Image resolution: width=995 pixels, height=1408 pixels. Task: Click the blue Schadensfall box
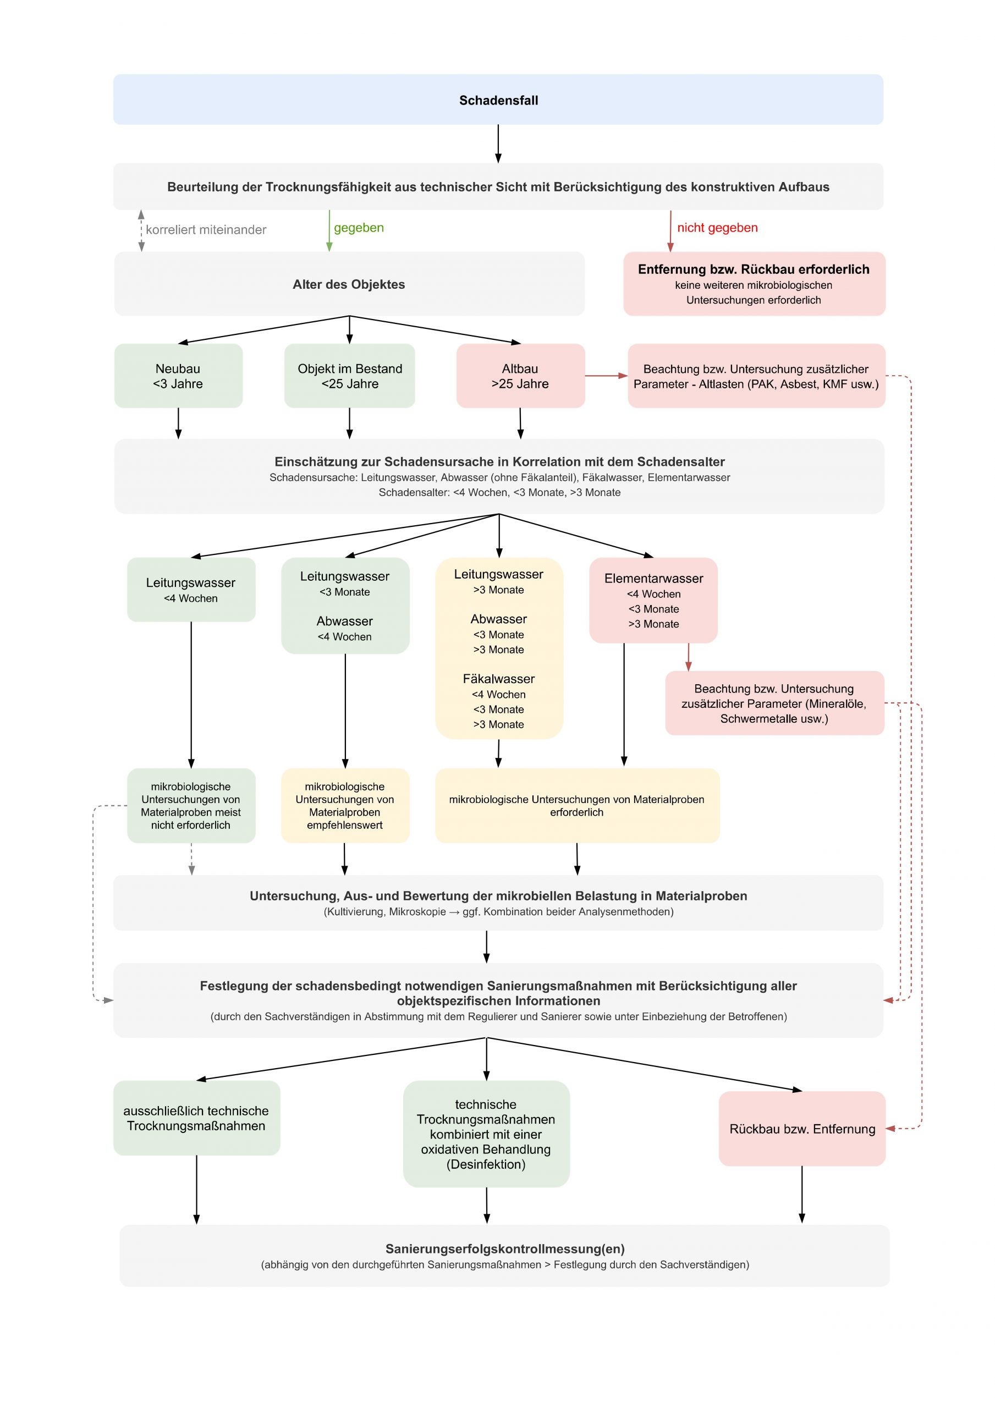pyautogui.click(x=498, y=100)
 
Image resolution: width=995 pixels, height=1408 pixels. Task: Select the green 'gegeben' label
pyautogui.click(x=359, y=228)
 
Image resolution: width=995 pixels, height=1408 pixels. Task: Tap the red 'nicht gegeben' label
pyautogui.click(x=717, y=228)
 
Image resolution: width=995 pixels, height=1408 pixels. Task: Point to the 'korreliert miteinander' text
pyautogui.click(x=206, y=230)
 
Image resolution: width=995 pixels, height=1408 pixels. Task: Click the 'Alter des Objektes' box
pyautogui.click(x=349, y=284)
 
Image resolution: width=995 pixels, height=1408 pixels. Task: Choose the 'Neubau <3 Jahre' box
pyautogui.click(x=179, y=376)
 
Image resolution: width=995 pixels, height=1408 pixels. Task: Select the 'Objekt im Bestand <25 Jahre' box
pyautogui.click(x=350, y=376)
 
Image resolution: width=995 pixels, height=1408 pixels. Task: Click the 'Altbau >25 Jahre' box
pyautogui.click(x=520, y=376)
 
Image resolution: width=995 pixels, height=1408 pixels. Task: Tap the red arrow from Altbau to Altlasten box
pyautogui.click(x=606, y=375)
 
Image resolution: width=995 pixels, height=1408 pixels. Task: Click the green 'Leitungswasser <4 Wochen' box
pyautogui.click(x=191, y=589)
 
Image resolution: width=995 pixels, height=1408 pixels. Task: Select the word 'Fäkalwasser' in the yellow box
pyautogui.click(x=499, y=679)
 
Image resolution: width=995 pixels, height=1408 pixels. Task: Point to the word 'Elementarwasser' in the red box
pyautogui.click(x=653, y=578)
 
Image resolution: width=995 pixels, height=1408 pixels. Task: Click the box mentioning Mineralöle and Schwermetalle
pyautogui.click(x=774, y=703)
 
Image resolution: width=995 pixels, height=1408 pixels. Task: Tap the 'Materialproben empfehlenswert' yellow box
pyautogui.click(x=345, y=806)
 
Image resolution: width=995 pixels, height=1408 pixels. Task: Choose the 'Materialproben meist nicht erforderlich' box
pyautogui.click(x=191, y=806)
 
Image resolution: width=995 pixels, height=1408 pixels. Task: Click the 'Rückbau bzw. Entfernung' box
pyautogui.click(x=802, y=1129)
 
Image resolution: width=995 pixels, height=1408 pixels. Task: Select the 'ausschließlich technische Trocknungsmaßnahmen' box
pyautogui.click(x=196, y=1118)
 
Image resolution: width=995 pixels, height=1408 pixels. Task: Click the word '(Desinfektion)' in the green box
pyautogui.click(x=486, y=1164)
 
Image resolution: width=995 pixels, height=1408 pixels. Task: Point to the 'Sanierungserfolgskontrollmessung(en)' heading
pyautogui.click(x=505, y=1248)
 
